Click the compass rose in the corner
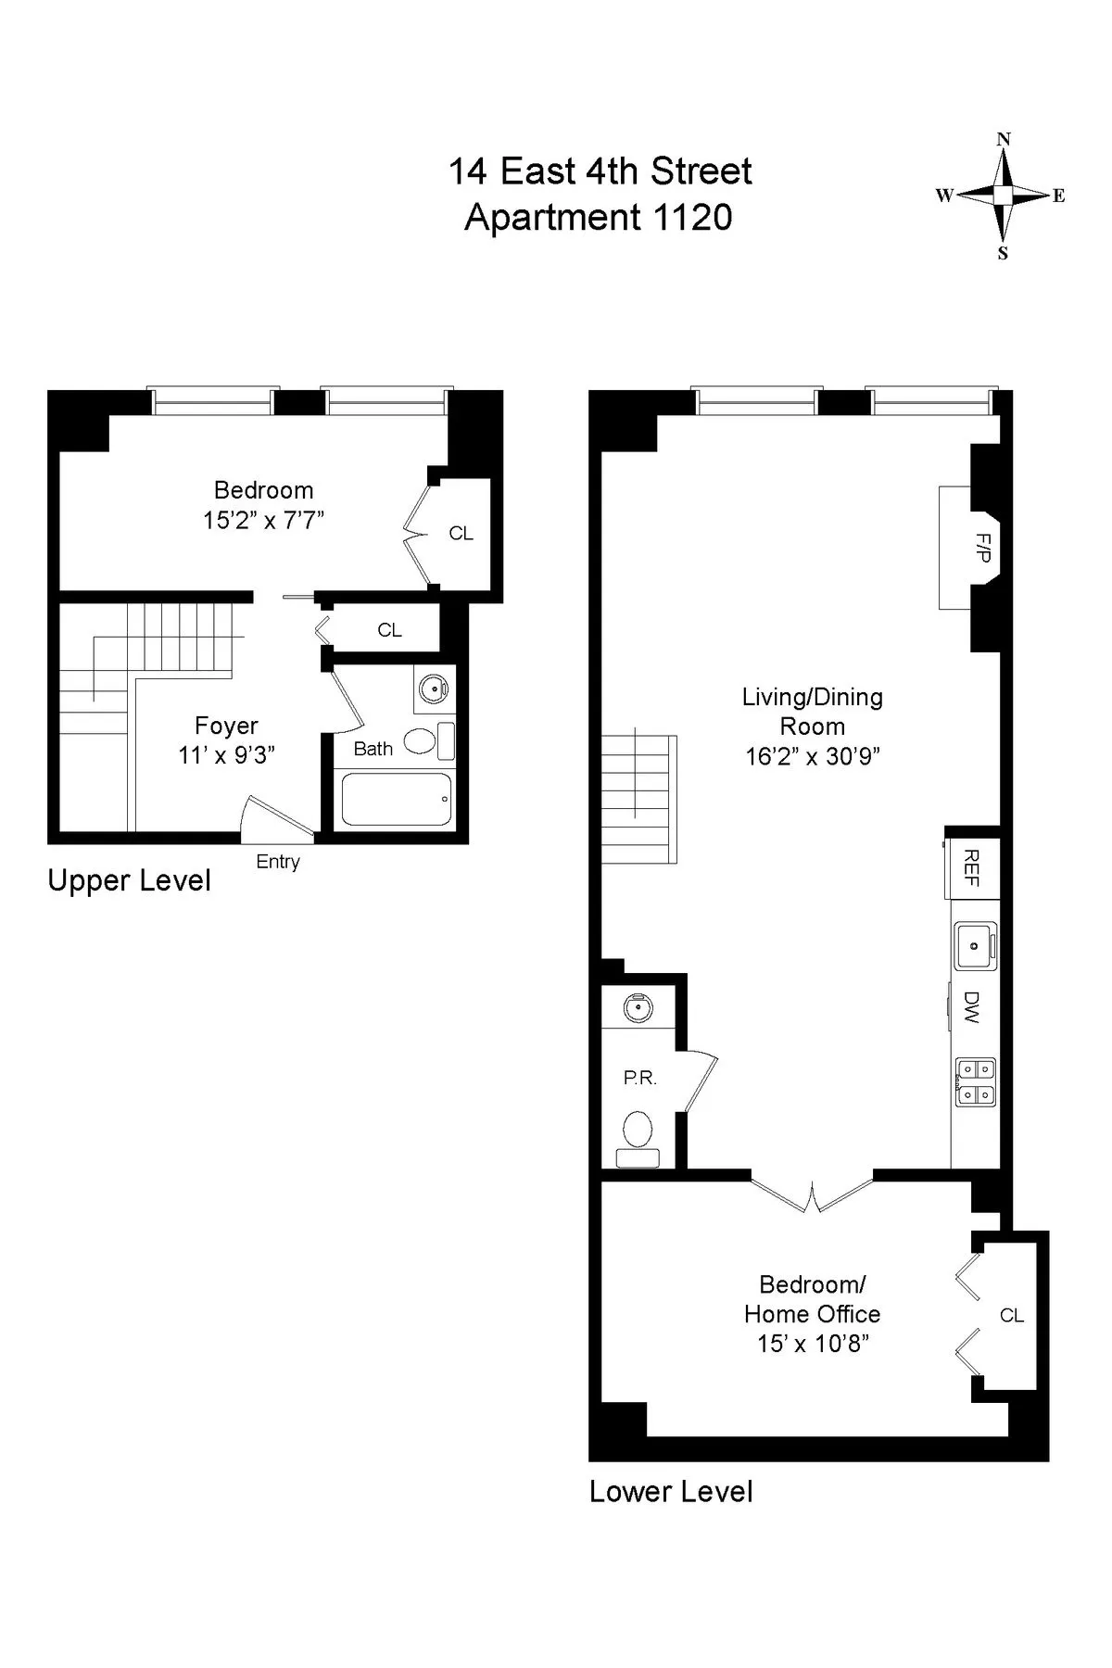(1003, 196)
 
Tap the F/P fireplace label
(984, 548)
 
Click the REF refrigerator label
(971, 867)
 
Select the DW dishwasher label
(971, 1006)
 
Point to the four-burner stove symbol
(975, 1081)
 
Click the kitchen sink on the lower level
(975, 945)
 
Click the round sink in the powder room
(638, 1007)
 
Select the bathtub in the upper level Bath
(397, 799)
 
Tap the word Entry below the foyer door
(278, 862)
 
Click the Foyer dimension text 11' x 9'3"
(226, 755)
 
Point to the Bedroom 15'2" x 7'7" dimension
(264, 520)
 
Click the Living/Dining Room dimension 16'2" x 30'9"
(813, 756)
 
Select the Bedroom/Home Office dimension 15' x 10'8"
(813, 1344)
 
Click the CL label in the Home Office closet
(1011, 1316)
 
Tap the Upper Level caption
(129, 880)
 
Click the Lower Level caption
(671, 1491)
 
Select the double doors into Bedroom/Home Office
(812, 1195)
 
